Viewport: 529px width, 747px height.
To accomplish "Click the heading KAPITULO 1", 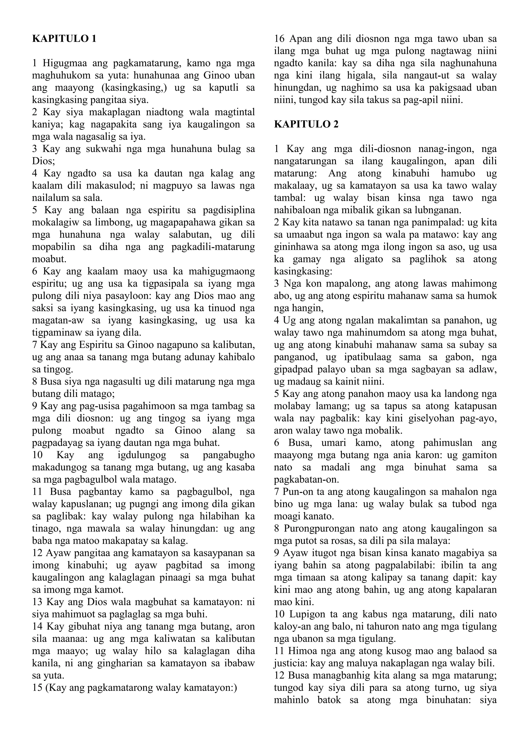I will pyautogui.click(x=64, y=39).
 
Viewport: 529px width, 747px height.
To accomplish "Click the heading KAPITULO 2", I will pyautogui.click(x=306, y=124).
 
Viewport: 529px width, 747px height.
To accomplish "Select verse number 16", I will pyautogui.click(x=279, y=39).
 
